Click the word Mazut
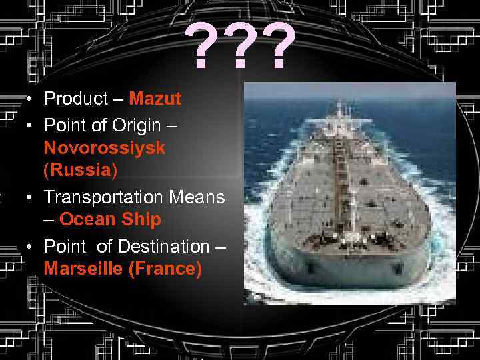(x=155, y=99)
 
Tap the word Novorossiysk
(x=105, y=148)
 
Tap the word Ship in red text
(x=142, y=219)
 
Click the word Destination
(x=163, y=247)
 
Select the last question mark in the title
(x=280, y=48)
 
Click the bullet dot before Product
(x=31, y=100)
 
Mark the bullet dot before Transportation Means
(x=31, y=198)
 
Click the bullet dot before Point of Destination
(x=31, y=247)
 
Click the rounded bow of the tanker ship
(x=345, y=263)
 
